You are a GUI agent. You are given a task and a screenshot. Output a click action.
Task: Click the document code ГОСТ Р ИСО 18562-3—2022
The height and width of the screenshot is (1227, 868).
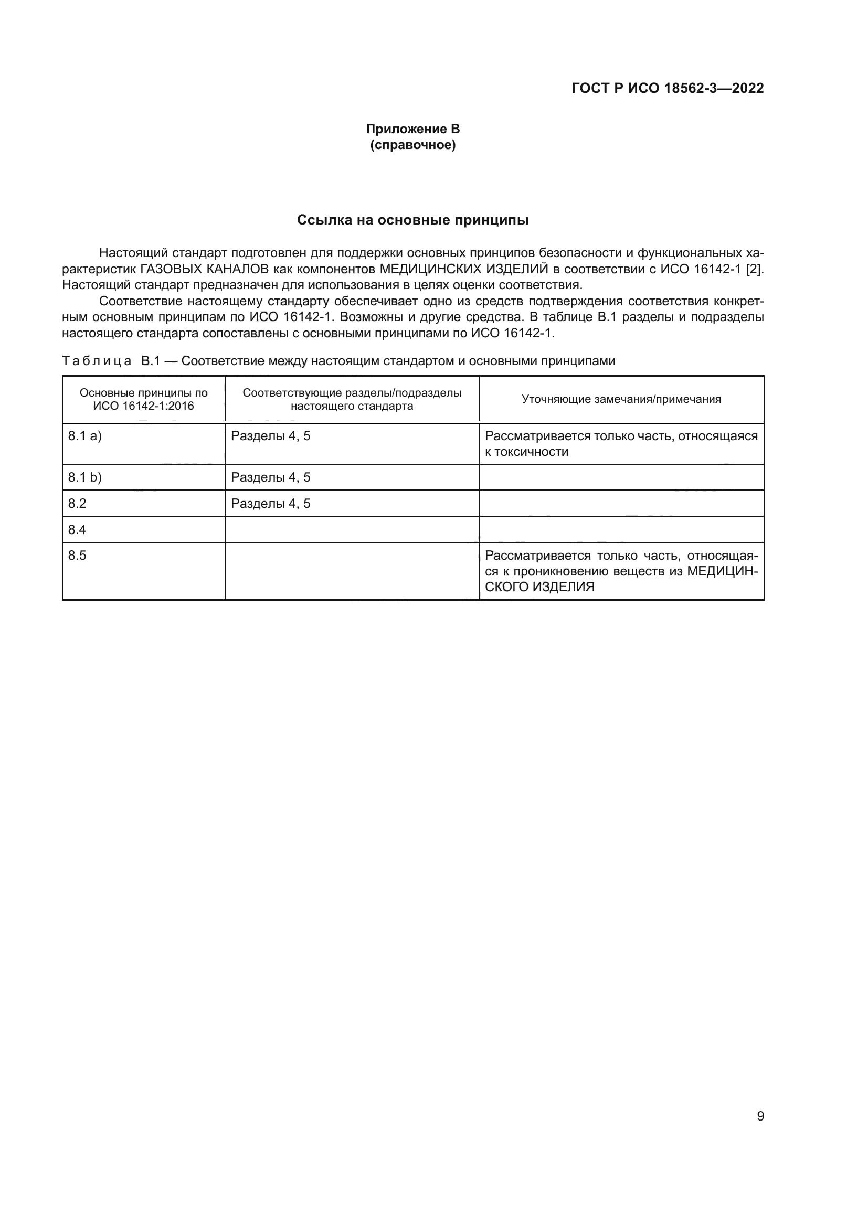tap(667, 88)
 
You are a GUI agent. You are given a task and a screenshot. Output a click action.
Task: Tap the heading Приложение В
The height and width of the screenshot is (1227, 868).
tap(412, 129)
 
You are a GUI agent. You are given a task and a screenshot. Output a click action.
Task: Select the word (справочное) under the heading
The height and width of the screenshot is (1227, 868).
tap(412, 145)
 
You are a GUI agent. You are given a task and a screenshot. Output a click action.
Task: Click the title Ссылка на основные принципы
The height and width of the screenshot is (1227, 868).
tap(412, 220)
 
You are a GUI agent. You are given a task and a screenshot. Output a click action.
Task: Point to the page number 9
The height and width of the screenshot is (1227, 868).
tap(760, 1116)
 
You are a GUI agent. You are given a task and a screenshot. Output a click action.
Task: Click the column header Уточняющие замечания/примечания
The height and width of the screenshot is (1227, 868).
tap(621, 399)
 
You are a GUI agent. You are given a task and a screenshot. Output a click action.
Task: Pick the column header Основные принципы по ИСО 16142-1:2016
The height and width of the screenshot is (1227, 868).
tap(143, 399)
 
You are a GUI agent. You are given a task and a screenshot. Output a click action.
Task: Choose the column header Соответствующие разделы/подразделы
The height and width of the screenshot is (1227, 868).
tap(352, 393)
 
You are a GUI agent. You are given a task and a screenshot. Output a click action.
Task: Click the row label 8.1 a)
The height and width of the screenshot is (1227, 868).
tap(84, 436)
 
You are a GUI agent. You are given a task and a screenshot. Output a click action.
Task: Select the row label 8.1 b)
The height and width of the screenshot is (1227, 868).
tap(84, 477)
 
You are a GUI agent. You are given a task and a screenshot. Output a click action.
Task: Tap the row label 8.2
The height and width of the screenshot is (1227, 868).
tap(77, 504)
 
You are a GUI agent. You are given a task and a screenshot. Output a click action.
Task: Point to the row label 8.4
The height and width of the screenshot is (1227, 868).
tap(77, 530)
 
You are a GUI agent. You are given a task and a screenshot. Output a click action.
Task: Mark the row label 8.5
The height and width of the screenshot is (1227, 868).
tap(77, 556)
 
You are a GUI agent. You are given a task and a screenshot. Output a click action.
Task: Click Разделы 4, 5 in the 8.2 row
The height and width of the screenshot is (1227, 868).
tap(270, 504)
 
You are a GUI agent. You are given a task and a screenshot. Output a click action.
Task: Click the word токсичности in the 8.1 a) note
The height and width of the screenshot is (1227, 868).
tap(531, 452)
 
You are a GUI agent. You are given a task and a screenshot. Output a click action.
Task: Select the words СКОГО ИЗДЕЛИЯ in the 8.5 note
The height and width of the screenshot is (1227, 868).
tap(539, 587)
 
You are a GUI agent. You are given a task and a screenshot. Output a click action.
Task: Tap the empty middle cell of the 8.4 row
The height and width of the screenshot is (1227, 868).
tap(352, 530)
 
